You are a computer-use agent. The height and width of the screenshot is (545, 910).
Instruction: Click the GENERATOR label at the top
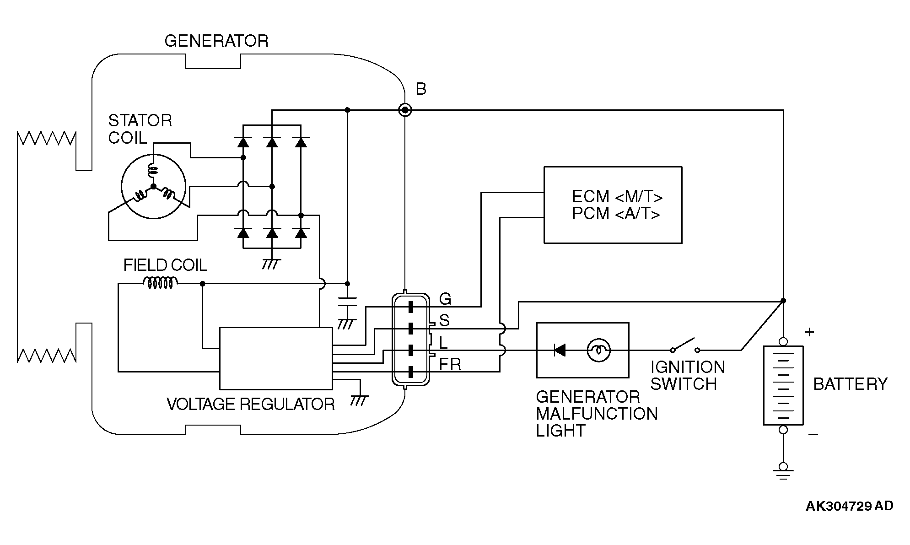pyautogui.click(x=216, y=41)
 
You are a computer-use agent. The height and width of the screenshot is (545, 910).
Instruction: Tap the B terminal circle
pyautogui.click(x=405, y=110)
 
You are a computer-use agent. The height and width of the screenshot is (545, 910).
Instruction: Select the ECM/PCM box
pyautogui.click(x=613, y=205)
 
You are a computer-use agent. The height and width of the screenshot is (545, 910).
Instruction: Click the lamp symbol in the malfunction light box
pyautogui.click(x=598, y=351)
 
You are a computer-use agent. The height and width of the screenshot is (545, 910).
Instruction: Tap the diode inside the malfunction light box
pyautogui.click(x=559, y=351)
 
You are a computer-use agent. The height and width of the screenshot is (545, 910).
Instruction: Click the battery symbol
pyautogui.click(x=783, y=385)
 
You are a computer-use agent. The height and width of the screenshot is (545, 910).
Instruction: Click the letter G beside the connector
pyautogui.click(x=445, y=299)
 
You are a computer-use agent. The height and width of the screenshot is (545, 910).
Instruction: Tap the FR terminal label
pyautogui.click(x=450, y=365)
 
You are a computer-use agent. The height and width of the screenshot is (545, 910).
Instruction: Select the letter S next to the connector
pyautogui.click(x=444, y=320)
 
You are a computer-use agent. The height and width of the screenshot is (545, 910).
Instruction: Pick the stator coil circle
pyautogui.click(x=153, y=187)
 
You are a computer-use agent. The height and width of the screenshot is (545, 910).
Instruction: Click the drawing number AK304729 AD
pyautogui.click(x=849, y=506)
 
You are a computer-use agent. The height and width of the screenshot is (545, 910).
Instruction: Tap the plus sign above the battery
pyautogui.click(x=809, y=332)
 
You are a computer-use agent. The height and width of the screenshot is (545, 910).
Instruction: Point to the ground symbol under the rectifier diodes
pyautogui.click(x=272, y=264)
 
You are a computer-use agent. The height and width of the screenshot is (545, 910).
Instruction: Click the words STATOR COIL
pyautogui.click(x=140, y=129)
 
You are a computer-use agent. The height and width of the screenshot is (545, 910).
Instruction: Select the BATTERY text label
pyautogui.click(x=850, y=384)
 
